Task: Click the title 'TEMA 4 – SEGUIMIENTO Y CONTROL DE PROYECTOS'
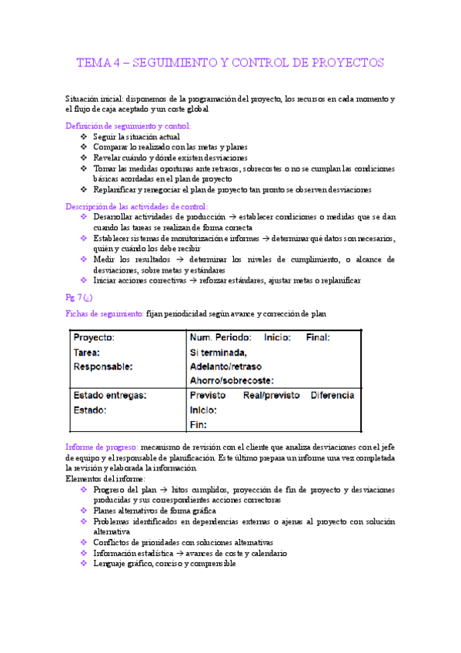[x=230, y=62]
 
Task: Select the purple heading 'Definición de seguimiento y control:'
[x=129, y=125]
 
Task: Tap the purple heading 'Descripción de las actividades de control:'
[x=136, y=206]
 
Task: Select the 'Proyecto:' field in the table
[x=94, y=338]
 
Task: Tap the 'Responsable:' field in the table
[x=103, y=367]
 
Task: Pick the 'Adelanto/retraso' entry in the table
[x=229, y=367]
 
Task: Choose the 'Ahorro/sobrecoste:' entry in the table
[x=232, y=380]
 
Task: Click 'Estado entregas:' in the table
[x=110, y=396]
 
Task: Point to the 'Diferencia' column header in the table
[x=332, y=396]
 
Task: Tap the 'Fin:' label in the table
[x=199, y=424]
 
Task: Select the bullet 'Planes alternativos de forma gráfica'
[x=154, y=511]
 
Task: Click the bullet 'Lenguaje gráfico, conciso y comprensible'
[x=164, y=564]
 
